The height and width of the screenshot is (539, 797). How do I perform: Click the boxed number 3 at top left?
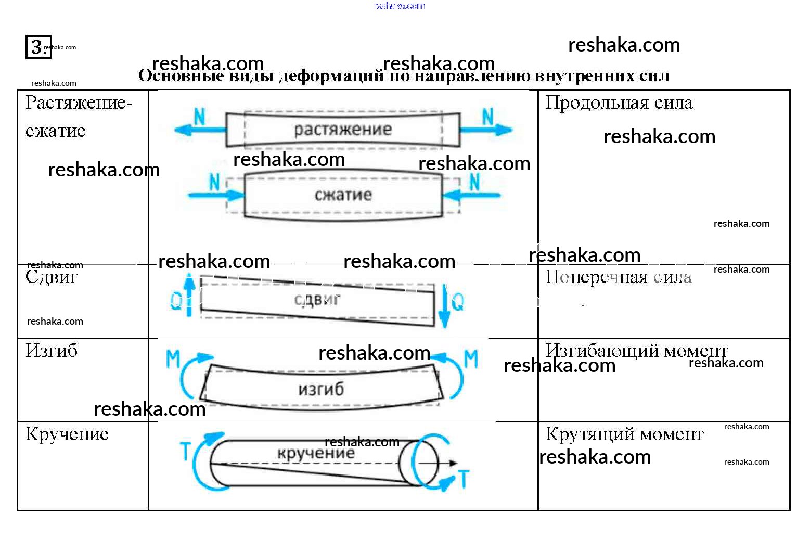tap(37, 47)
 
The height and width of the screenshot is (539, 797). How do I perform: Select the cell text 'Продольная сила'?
tap(619, 103)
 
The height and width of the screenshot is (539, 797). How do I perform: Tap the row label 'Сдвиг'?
tap(52, 277)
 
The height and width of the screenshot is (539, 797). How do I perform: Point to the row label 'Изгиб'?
tap(52, 351)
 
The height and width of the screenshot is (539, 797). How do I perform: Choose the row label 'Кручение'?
tap(67, 434)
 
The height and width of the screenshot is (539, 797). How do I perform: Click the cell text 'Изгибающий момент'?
tap(636, 351)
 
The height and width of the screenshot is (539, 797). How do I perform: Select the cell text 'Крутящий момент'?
tap(624, 434)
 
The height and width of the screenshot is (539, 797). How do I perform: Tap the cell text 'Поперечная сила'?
tap(619, 277)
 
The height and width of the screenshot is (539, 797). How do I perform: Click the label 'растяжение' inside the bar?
tap(343, 130)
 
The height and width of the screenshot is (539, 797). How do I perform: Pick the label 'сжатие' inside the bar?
tap(343, 195)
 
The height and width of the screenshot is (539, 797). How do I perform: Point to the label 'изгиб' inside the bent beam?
tap(321, 389)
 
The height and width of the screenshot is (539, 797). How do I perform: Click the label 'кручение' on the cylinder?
tap(315, 453)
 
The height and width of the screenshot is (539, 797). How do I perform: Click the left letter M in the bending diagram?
tap(173, 359)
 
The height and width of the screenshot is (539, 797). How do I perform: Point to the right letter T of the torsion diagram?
tap(463, 479)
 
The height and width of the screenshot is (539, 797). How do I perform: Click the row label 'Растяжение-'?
tap(79, 103)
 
